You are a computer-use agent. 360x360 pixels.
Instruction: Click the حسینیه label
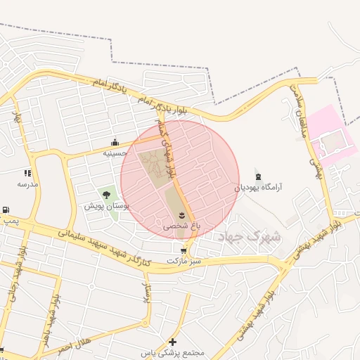coord(115,153)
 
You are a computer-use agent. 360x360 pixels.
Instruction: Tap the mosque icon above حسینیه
coord(115,143)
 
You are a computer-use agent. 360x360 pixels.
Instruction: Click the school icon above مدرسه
coord(28,172)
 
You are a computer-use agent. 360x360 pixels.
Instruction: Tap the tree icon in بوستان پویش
coord(107,195)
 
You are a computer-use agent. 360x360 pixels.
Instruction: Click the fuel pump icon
coord(6,210)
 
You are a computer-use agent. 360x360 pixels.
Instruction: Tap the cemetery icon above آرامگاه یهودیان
coord(258,174)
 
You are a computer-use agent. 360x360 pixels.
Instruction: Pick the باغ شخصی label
coord(182,226)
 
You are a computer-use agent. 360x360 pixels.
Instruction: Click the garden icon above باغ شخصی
coord(182,214)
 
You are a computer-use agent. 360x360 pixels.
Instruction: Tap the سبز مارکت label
coord(184,261)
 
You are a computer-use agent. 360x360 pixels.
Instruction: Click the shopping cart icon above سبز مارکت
coord(184,250)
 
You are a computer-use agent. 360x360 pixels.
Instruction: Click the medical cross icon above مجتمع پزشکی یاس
coord(172,341)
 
